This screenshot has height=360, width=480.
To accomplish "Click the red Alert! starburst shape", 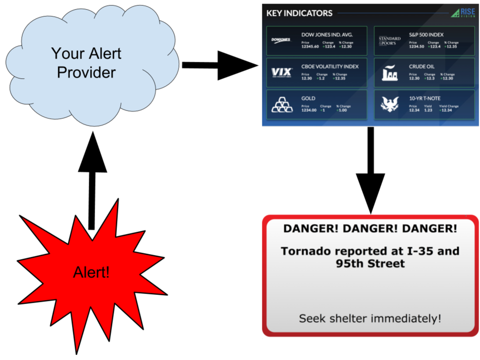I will tap(92, 273).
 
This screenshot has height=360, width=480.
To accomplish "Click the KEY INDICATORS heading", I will tap(299, 13).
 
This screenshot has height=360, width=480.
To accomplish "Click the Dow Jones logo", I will tap(281, 40).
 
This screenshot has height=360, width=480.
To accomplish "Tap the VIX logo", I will tap(281, 72).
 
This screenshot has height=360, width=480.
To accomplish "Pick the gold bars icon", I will tap(282, 105).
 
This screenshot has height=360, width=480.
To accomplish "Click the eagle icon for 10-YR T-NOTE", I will tap(390, 105).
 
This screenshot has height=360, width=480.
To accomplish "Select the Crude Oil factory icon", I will tap(390, 72).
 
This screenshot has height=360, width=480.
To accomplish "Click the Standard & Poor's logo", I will tap(389, 40).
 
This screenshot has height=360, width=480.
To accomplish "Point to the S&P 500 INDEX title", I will tap(426, 35).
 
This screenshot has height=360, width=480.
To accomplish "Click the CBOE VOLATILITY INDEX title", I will tap(330, 67).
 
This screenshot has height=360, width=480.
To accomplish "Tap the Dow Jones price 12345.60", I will tap(310, 46).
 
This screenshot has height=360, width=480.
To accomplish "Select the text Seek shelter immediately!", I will tap(370, 318).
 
